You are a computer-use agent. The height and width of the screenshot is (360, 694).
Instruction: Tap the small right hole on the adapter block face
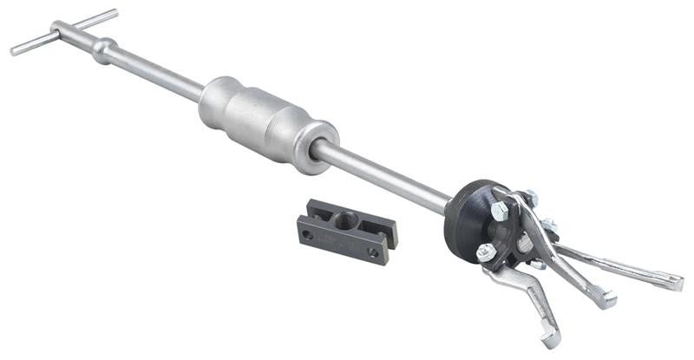click(373, 253)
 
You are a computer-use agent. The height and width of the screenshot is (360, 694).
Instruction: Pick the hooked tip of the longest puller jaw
click(675, 282)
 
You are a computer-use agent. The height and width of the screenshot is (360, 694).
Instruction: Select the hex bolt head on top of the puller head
click(501, 211)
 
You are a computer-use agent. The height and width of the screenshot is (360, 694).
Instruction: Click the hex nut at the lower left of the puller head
click(487, 252)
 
